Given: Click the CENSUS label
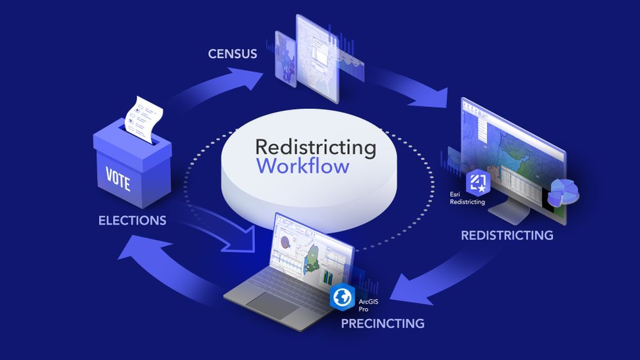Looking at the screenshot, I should pyautogui.click(x=233, y=54).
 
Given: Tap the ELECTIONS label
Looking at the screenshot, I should pyautogui.click(x=132, y=221).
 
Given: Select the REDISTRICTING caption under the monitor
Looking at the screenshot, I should pyautogui.click(x=507, y=235).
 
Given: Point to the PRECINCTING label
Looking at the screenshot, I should pyautogui.click(x=382, y=323).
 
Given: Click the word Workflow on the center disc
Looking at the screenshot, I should pyautogui.click(x=303, y=167).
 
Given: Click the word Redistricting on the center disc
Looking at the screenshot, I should pyautogui.click(x=316, y=146).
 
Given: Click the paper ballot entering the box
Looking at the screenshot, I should pyautogui.click(x=144, y=119).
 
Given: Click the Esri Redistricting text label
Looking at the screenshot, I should pyautogui.click(x=467, y=197).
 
